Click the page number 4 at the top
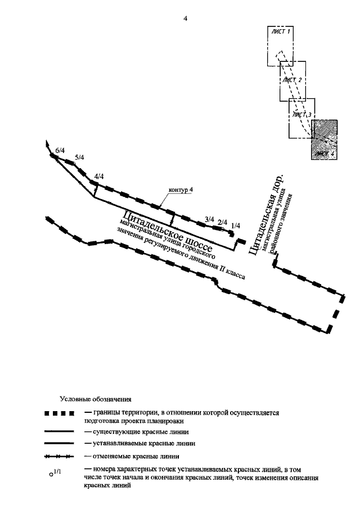click(x=185, y=19)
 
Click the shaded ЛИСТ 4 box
click(x=325, y=139)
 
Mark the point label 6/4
click(x=60, y=150)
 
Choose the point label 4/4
click(x=99, y=176)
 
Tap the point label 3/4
click(x=209, y=219)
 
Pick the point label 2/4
click(x=222, y=222)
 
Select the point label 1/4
click(x=236, y=226)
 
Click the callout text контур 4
click(x=181, y=190)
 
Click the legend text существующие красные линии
click(x=136, y=431)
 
